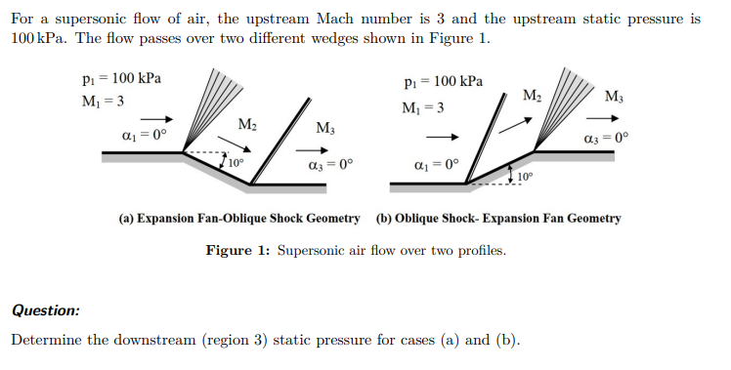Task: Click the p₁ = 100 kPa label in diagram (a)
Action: (123, 78)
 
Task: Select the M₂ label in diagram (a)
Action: (249, 123)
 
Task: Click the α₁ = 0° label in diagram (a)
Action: (150, 135)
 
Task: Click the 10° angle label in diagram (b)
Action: (526, 177)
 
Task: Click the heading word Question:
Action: (46, 310)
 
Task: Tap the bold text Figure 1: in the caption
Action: (238, 251)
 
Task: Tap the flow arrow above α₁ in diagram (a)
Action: (150, 114)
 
